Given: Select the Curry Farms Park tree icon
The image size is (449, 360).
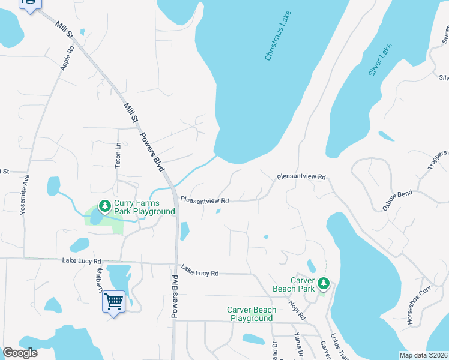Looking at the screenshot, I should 105,206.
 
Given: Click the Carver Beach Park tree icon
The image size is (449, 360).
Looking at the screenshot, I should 324,283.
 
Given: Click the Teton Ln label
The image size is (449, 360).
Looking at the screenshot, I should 118,154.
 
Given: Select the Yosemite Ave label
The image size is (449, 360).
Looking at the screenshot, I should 24,196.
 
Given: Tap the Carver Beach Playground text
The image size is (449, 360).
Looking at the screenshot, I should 252,314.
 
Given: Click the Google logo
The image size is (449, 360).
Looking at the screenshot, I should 20,353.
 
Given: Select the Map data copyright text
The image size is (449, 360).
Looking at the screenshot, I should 423,355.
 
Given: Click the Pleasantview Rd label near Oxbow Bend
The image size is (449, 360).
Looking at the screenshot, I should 301,177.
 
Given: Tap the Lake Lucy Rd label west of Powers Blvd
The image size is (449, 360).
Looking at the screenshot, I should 82,261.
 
